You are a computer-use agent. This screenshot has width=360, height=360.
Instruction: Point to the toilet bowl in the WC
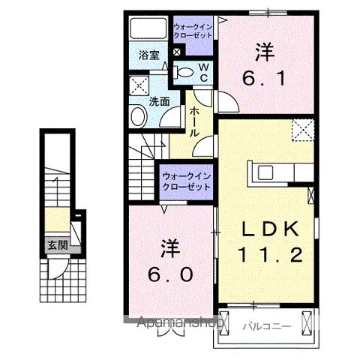[184, 72]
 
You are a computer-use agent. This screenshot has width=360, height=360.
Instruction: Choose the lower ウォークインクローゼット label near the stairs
[187, 181]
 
